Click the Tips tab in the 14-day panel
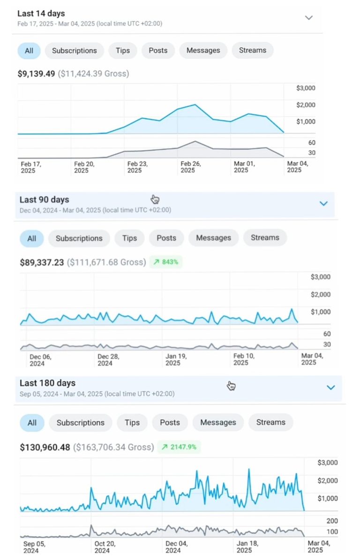pyautogui.click(x=123, y=51)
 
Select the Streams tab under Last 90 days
pyautogui.click(x=265, y=238)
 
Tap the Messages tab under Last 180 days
pyautogui.click(x=218, y=423)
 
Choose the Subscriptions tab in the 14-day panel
pyautogui.click(x=75, y=51)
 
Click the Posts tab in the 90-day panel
pyautogui.click(x=166, y=238)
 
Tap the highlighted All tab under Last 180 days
pyautogui.click(x=32, y=423)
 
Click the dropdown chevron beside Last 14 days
pyautogui.click(x=308, y=18)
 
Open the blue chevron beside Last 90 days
pyautogui.click(x=323, y=204)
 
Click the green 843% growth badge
pyautogui.click(x=166, y=262)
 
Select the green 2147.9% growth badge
pyautogui.click(x=179, y=447)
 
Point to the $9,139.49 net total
pyautogui.click(x=36, y=74)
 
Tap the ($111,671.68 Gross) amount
pyautogui.click(x=106, y=262)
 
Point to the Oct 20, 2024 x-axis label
pyautogui.click(x=105, y=547)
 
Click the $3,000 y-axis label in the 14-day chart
pyautogui.click(x=306, y=88)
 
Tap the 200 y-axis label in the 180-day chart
pyautogui.click(x=332, y=521)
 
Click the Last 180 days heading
pyautogui.click(x=47, y=383)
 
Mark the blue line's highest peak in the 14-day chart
pyautogui.click(x=195, y=105)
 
